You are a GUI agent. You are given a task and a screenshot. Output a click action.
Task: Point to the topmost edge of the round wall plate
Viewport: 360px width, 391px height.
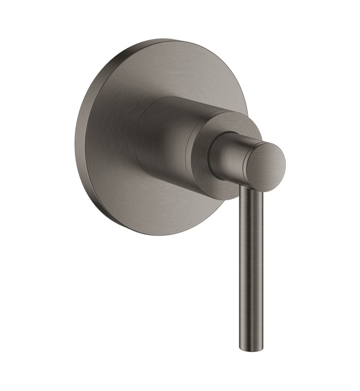[x=167, y=40]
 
